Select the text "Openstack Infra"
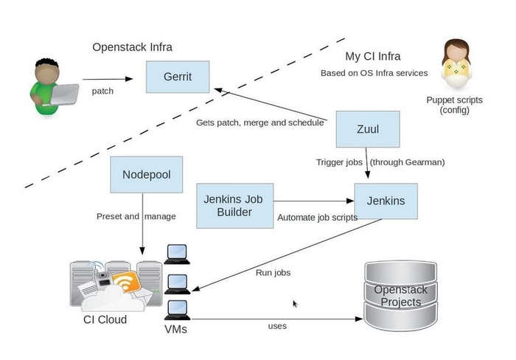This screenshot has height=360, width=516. coord(132,47)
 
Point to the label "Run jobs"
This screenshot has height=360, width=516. coord(273,272)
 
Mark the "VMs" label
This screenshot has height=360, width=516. coord(175,329)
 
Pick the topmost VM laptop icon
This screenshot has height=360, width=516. coord(175,253)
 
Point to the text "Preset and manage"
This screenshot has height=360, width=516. coord(136,216)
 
